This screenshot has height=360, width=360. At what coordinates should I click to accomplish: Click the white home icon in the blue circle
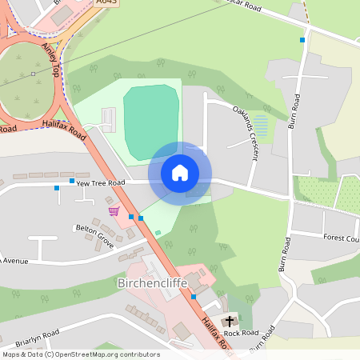(180, 172)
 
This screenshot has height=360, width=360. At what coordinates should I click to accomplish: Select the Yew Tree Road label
(101, 183)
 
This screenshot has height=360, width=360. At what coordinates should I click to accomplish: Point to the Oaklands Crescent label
(245, 133)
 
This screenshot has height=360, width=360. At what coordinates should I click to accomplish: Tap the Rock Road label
(241, 333)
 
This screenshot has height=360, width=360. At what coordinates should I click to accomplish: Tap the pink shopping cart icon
(114, 211)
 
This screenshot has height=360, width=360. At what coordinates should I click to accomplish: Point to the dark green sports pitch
(150, 120)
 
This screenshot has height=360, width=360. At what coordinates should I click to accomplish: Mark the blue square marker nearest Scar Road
(302, 39)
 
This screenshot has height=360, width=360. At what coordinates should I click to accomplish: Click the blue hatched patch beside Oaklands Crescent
(261, 126)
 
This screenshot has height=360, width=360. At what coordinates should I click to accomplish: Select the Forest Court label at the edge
(342, 238)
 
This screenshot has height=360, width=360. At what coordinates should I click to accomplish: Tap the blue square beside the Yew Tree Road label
(71, 182)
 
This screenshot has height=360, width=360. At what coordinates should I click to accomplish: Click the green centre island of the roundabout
(24, 80)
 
